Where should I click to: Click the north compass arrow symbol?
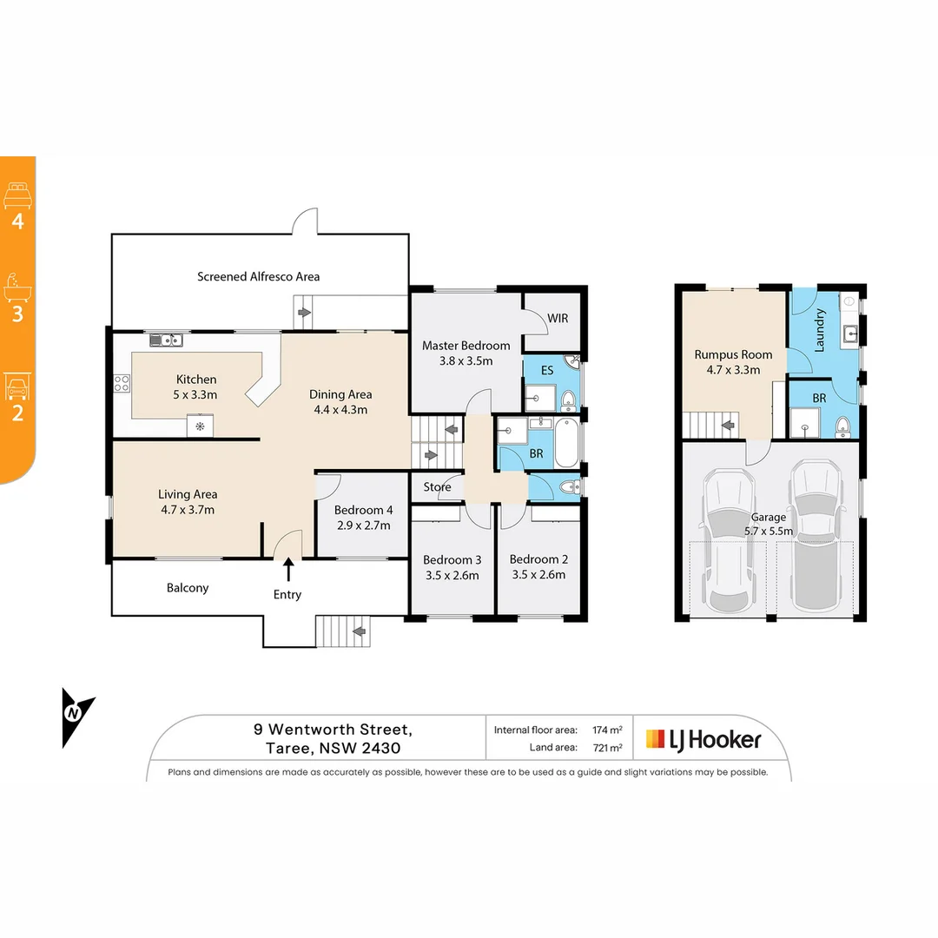(76, 715)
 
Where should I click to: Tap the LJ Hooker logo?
(703, 739)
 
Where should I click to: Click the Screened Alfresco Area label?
(258, 276)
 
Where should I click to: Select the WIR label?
(558, 318)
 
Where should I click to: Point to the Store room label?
(438, 487)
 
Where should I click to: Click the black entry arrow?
(287, 570)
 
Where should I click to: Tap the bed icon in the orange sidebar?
(17, 195)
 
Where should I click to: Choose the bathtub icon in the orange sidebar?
(17, 286)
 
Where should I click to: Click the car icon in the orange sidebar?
(17, 385)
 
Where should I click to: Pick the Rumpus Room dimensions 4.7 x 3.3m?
(733, 369)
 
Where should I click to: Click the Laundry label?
(819, 330)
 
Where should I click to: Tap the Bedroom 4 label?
(363, 510)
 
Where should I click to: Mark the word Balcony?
(188, 588)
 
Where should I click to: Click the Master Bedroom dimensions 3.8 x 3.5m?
(466, 360)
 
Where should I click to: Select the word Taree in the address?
(285, 748)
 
